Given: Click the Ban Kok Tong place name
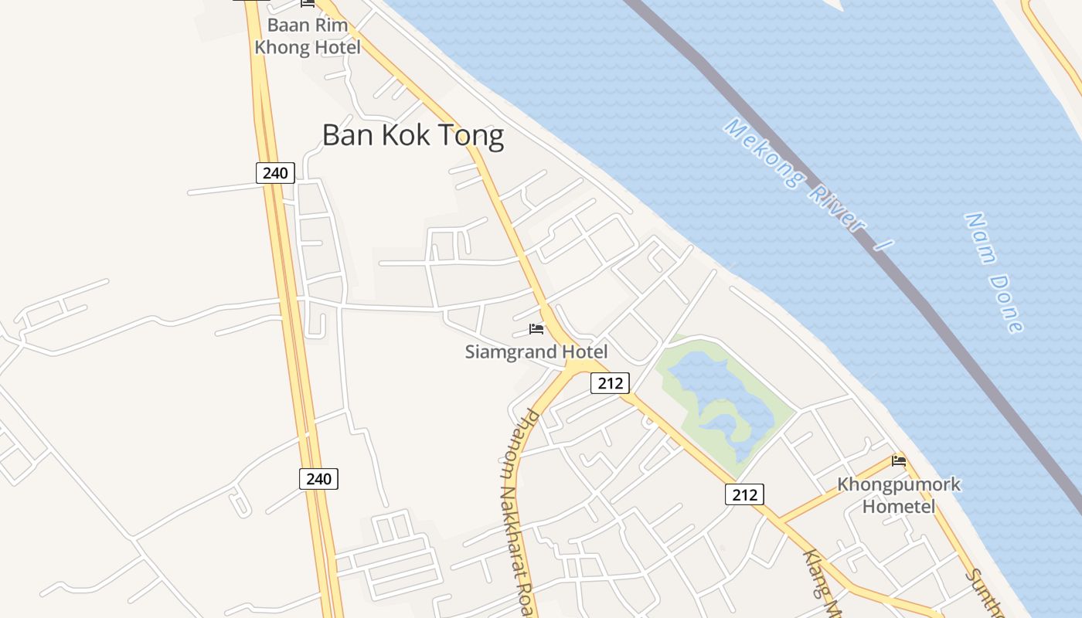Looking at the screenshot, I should click(x=413, y=135).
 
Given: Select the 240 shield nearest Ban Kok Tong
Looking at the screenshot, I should click(x=275, y=173).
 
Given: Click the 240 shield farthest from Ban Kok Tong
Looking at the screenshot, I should click(x=318, y=479).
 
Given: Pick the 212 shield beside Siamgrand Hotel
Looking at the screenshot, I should click(x=610, y=382).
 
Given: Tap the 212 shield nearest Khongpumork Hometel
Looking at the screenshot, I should click(x=744, y=494).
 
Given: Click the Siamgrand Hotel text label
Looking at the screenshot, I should click(x=536, y=352).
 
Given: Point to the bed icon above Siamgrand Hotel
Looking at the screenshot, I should click(x=536, y=329).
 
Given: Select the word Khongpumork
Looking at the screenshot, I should click(x=899, y=485).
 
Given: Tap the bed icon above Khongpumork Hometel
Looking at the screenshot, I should click(x=899, y=460).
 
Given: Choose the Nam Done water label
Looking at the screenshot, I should click(x=994, y=272).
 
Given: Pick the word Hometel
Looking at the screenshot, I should click(x=899, y=507).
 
